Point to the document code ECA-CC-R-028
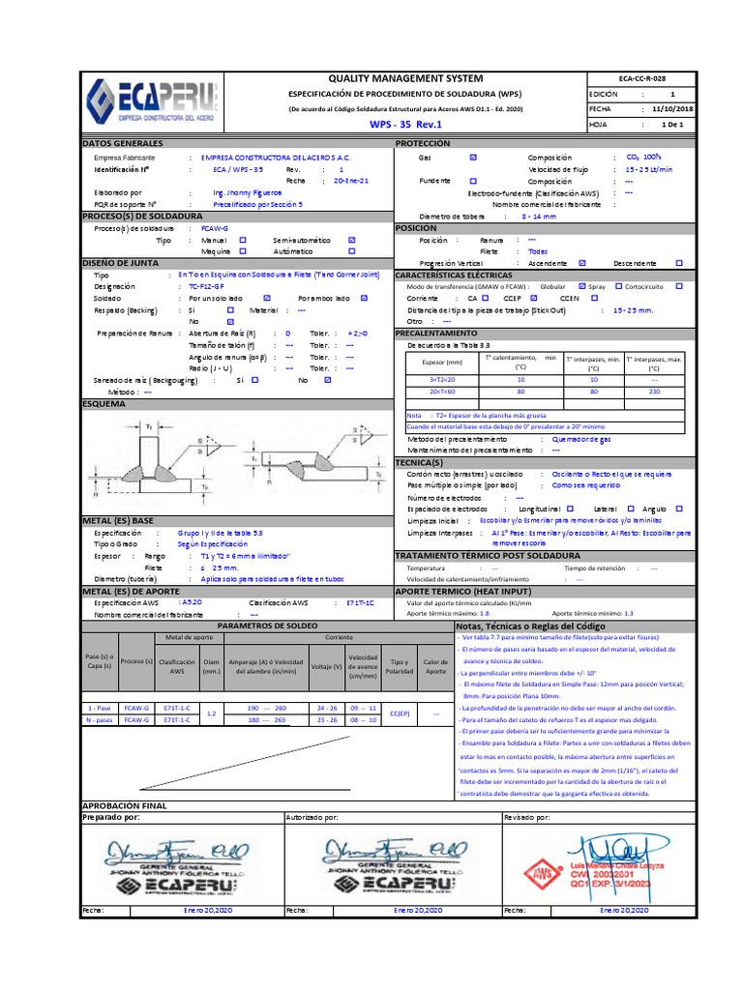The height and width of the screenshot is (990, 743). click(x=640, y=77)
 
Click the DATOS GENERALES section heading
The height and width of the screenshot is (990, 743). click(x=122, y=143)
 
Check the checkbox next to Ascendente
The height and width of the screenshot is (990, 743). click(x=581, y=262)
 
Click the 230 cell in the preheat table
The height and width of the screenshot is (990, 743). click(x=655, y=393)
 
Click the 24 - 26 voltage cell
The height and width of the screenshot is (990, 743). click(x=329, y=708)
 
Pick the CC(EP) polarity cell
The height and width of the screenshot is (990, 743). click(x=399, y=713)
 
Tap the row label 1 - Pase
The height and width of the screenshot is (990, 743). click(x=97, y=708)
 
